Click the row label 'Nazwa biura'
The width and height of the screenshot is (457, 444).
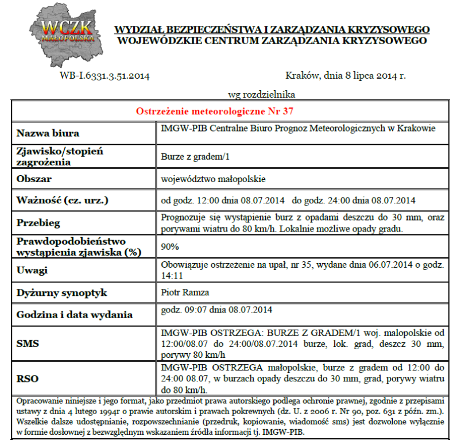[x=48, y=134]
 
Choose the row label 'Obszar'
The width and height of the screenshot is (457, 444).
[x=34, y=179]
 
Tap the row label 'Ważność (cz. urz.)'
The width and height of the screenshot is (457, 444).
[x=63, y=200]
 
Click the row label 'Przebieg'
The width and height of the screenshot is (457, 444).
[x=38, y=223]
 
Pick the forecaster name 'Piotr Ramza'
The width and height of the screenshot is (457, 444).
[x=185, y=292]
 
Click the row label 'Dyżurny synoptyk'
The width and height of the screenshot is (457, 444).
[x=62, y=292]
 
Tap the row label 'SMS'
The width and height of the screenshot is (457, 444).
[x=27, y=343]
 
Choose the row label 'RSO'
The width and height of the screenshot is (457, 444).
[x=27, y=379]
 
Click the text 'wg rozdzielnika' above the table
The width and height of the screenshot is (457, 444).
[x=262, y=94]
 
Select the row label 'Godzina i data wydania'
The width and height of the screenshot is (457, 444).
[x=75, y=315]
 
